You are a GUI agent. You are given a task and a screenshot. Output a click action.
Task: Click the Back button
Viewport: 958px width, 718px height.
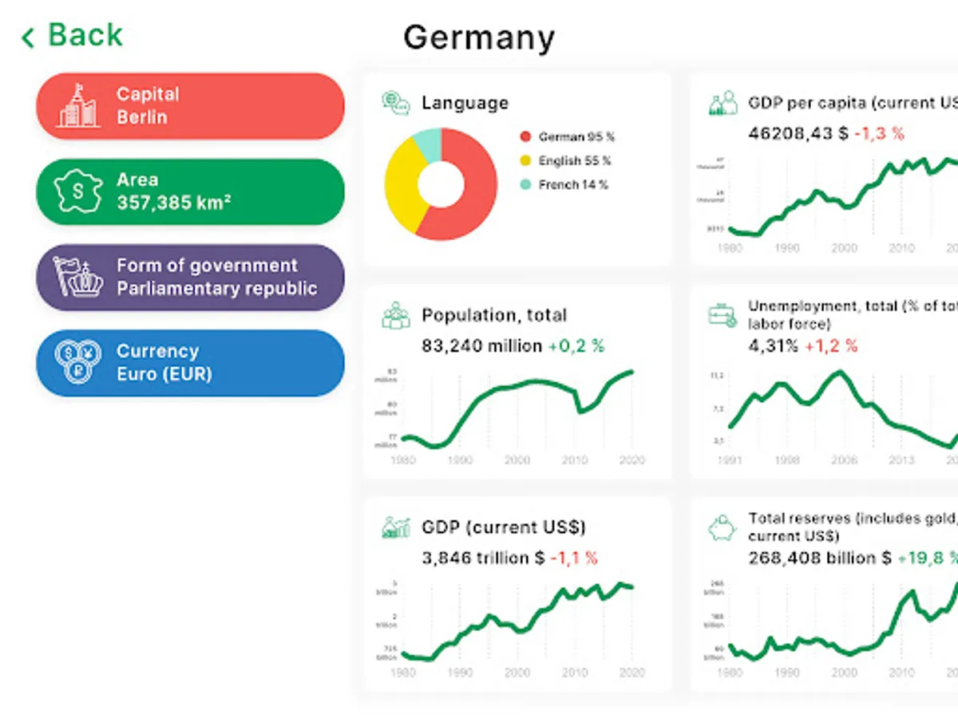pyautogui.click(x=73, y=36)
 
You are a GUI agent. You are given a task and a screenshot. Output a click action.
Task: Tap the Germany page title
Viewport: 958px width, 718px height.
pyautogui.click(x=478, y=37)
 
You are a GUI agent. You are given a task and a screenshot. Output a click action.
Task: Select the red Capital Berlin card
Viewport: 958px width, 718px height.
pyautogui.click(x=190, y=106)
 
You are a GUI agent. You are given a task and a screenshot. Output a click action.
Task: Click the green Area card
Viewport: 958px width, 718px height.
pyautogui.click(x=190, y=191)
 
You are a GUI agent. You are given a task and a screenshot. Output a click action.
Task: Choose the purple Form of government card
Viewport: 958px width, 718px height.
pyautogui.click(x=190, y=277)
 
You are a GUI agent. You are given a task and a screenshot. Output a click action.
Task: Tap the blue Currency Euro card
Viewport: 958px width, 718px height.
pyautogui.click(x=190, y=363)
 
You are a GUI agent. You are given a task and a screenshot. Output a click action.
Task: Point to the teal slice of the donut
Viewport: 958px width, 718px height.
pyautogui.click(x=428, y=143)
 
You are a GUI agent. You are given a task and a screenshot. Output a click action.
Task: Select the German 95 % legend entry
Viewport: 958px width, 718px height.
pyautogui.click(x=568, y=137)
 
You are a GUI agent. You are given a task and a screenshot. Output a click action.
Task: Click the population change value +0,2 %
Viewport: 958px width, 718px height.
pyautogui.click(x=576, y=346)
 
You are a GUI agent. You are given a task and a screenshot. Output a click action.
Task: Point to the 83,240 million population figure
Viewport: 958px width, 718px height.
pyautogui.click(x=481, y=346)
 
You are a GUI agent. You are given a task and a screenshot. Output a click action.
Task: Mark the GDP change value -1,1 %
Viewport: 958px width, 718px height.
pyautogui.click(x=574, y=558)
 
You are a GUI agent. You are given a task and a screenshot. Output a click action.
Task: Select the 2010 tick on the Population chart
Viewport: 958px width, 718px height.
pyautogui.click(x=575, y=460)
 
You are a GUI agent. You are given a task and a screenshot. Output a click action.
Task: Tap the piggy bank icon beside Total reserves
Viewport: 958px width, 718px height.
pyautogui.click(x=722, y=528)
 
